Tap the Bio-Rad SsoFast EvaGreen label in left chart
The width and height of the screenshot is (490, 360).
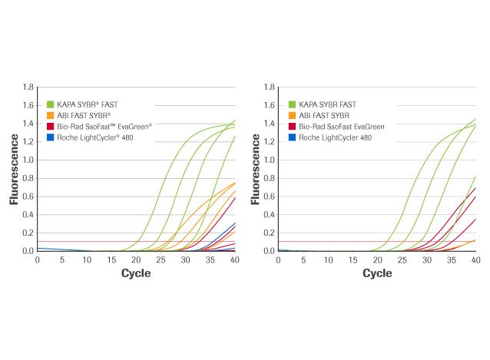click(x=98, y=126)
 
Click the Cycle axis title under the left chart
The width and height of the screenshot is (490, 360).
click(x=136, y=273)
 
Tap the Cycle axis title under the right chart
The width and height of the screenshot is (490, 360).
click(x=377, y=273)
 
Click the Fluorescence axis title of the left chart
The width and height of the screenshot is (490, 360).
click(x=13, y=169)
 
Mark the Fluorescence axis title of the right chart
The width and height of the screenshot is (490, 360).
click(x=254, y=169)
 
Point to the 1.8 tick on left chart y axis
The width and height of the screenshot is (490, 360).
click(x=28, y=87)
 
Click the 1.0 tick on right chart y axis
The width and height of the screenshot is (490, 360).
click(x=270, y=160)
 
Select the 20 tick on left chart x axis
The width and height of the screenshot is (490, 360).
click(x=136, y=259)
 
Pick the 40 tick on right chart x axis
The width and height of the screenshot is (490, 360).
click(x=475, y=259)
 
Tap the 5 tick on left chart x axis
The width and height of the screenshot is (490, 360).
click(x=62, y=259)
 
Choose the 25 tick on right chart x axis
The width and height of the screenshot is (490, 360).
click(x=402, y=259)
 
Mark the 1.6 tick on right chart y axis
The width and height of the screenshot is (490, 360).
click(x=270, y=105)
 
